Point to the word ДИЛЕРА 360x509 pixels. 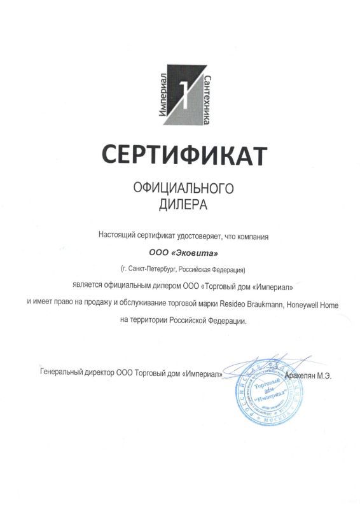[x=183, y=205]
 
